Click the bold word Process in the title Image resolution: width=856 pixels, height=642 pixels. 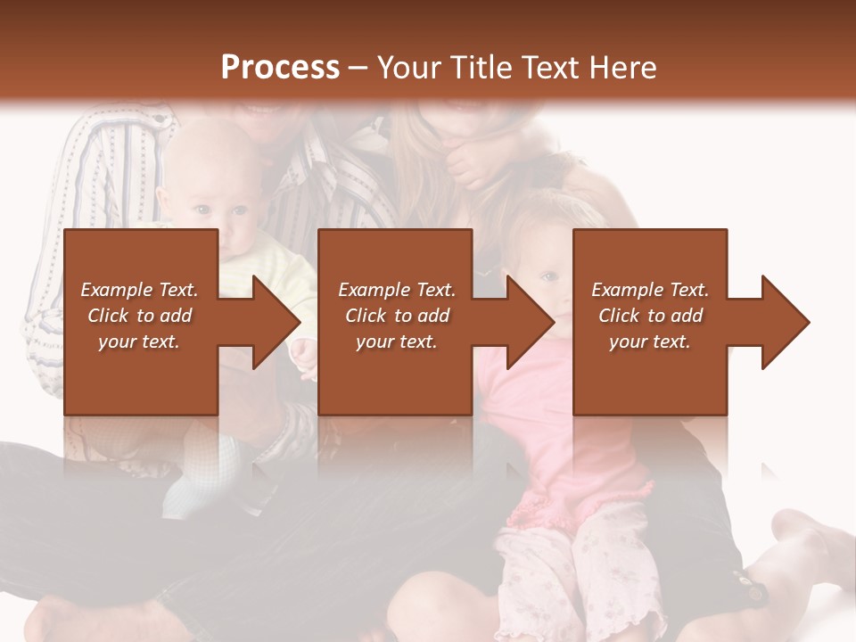280,68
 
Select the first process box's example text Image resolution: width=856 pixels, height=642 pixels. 139,316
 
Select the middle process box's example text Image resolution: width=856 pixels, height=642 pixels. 396,316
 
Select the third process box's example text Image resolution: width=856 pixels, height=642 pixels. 650,316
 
